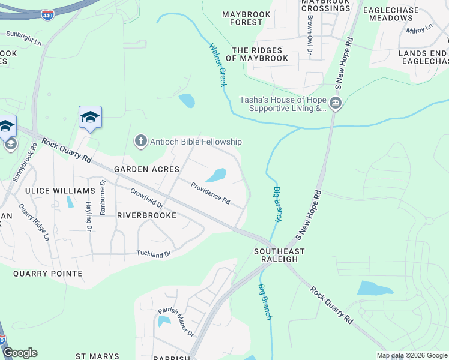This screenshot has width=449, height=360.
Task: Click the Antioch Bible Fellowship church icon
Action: [140, 142]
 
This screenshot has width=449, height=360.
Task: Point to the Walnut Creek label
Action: [218, 65]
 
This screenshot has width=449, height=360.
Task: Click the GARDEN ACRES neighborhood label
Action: [139, 169]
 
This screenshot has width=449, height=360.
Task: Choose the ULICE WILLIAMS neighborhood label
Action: [60, 191]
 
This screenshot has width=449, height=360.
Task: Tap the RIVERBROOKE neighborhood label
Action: [146, 215]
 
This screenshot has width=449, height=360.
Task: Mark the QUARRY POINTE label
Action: [48, 274]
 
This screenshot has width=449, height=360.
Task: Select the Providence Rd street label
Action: [210, 193]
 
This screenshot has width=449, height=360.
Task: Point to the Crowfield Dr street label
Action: [147, 199]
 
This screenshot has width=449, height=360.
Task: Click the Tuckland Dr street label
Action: [154, 254]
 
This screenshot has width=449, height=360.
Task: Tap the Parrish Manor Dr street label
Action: [176, 322]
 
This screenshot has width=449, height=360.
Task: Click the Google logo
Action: [20, 353]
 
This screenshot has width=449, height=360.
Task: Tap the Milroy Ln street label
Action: [419, 29]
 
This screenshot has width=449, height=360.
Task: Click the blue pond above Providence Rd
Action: [216, 175]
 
